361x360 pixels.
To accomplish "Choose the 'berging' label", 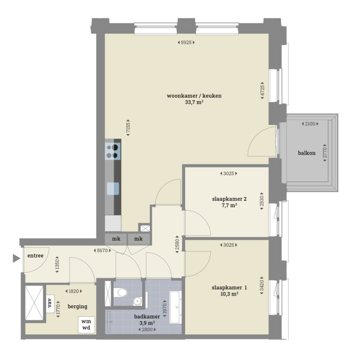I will click(78, 306).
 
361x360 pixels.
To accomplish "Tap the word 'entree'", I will click(35, 255).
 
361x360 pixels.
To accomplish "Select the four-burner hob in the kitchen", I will click(112, 151).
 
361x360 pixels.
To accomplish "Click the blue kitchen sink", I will click(113, 188).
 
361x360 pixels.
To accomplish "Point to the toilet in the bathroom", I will click(122, 293).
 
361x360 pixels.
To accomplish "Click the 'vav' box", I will click(49, 301).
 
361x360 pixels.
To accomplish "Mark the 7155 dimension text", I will click(128, 127).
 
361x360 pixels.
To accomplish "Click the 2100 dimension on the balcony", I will click(309, 124).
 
